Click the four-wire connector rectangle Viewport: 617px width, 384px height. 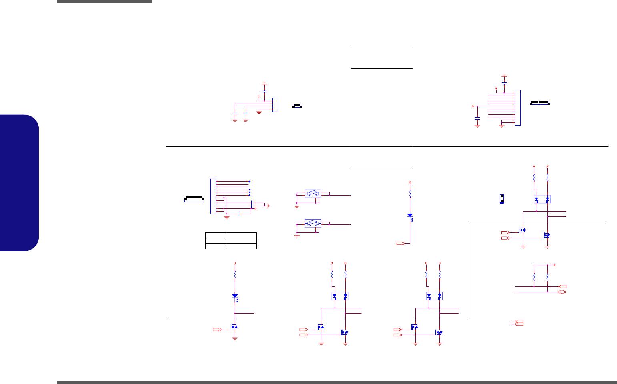(x=275, y=105)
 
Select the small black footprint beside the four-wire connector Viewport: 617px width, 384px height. (x=297, y=106)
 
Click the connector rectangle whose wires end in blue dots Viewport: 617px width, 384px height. (x=213, y=196)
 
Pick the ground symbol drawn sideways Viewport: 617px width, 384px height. (x=269, y=206)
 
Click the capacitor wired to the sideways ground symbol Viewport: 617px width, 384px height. (x=253, y=205)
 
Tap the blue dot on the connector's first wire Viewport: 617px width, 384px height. (x=250, y=181)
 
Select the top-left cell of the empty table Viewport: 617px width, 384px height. (x=216, y=235)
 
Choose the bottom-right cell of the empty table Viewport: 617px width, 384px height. (x=242, y=246)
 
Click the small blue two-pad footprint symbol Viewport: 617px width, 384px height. (x=501, y=199)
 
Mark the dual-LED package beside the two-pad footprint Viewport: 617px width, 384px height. (x=542, y=199)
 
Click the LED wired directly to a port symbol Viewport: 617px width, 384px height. (x=410, y=216)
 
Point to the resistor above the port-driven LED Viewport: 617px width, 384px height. (x=410, y=194)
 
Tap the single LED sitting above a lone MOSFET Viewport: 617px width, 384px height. (x=235, y=297)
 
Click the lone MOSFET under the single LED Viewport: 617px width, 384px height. (x=234, y=327)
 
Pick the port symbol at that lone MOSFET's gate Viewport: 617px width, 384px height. (x=216, y=330)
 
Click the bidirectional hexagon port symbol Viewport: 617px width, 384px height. (x=562, y=292)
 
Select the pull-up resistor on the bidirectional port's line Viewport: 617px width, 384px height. (x=547, y=277)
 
